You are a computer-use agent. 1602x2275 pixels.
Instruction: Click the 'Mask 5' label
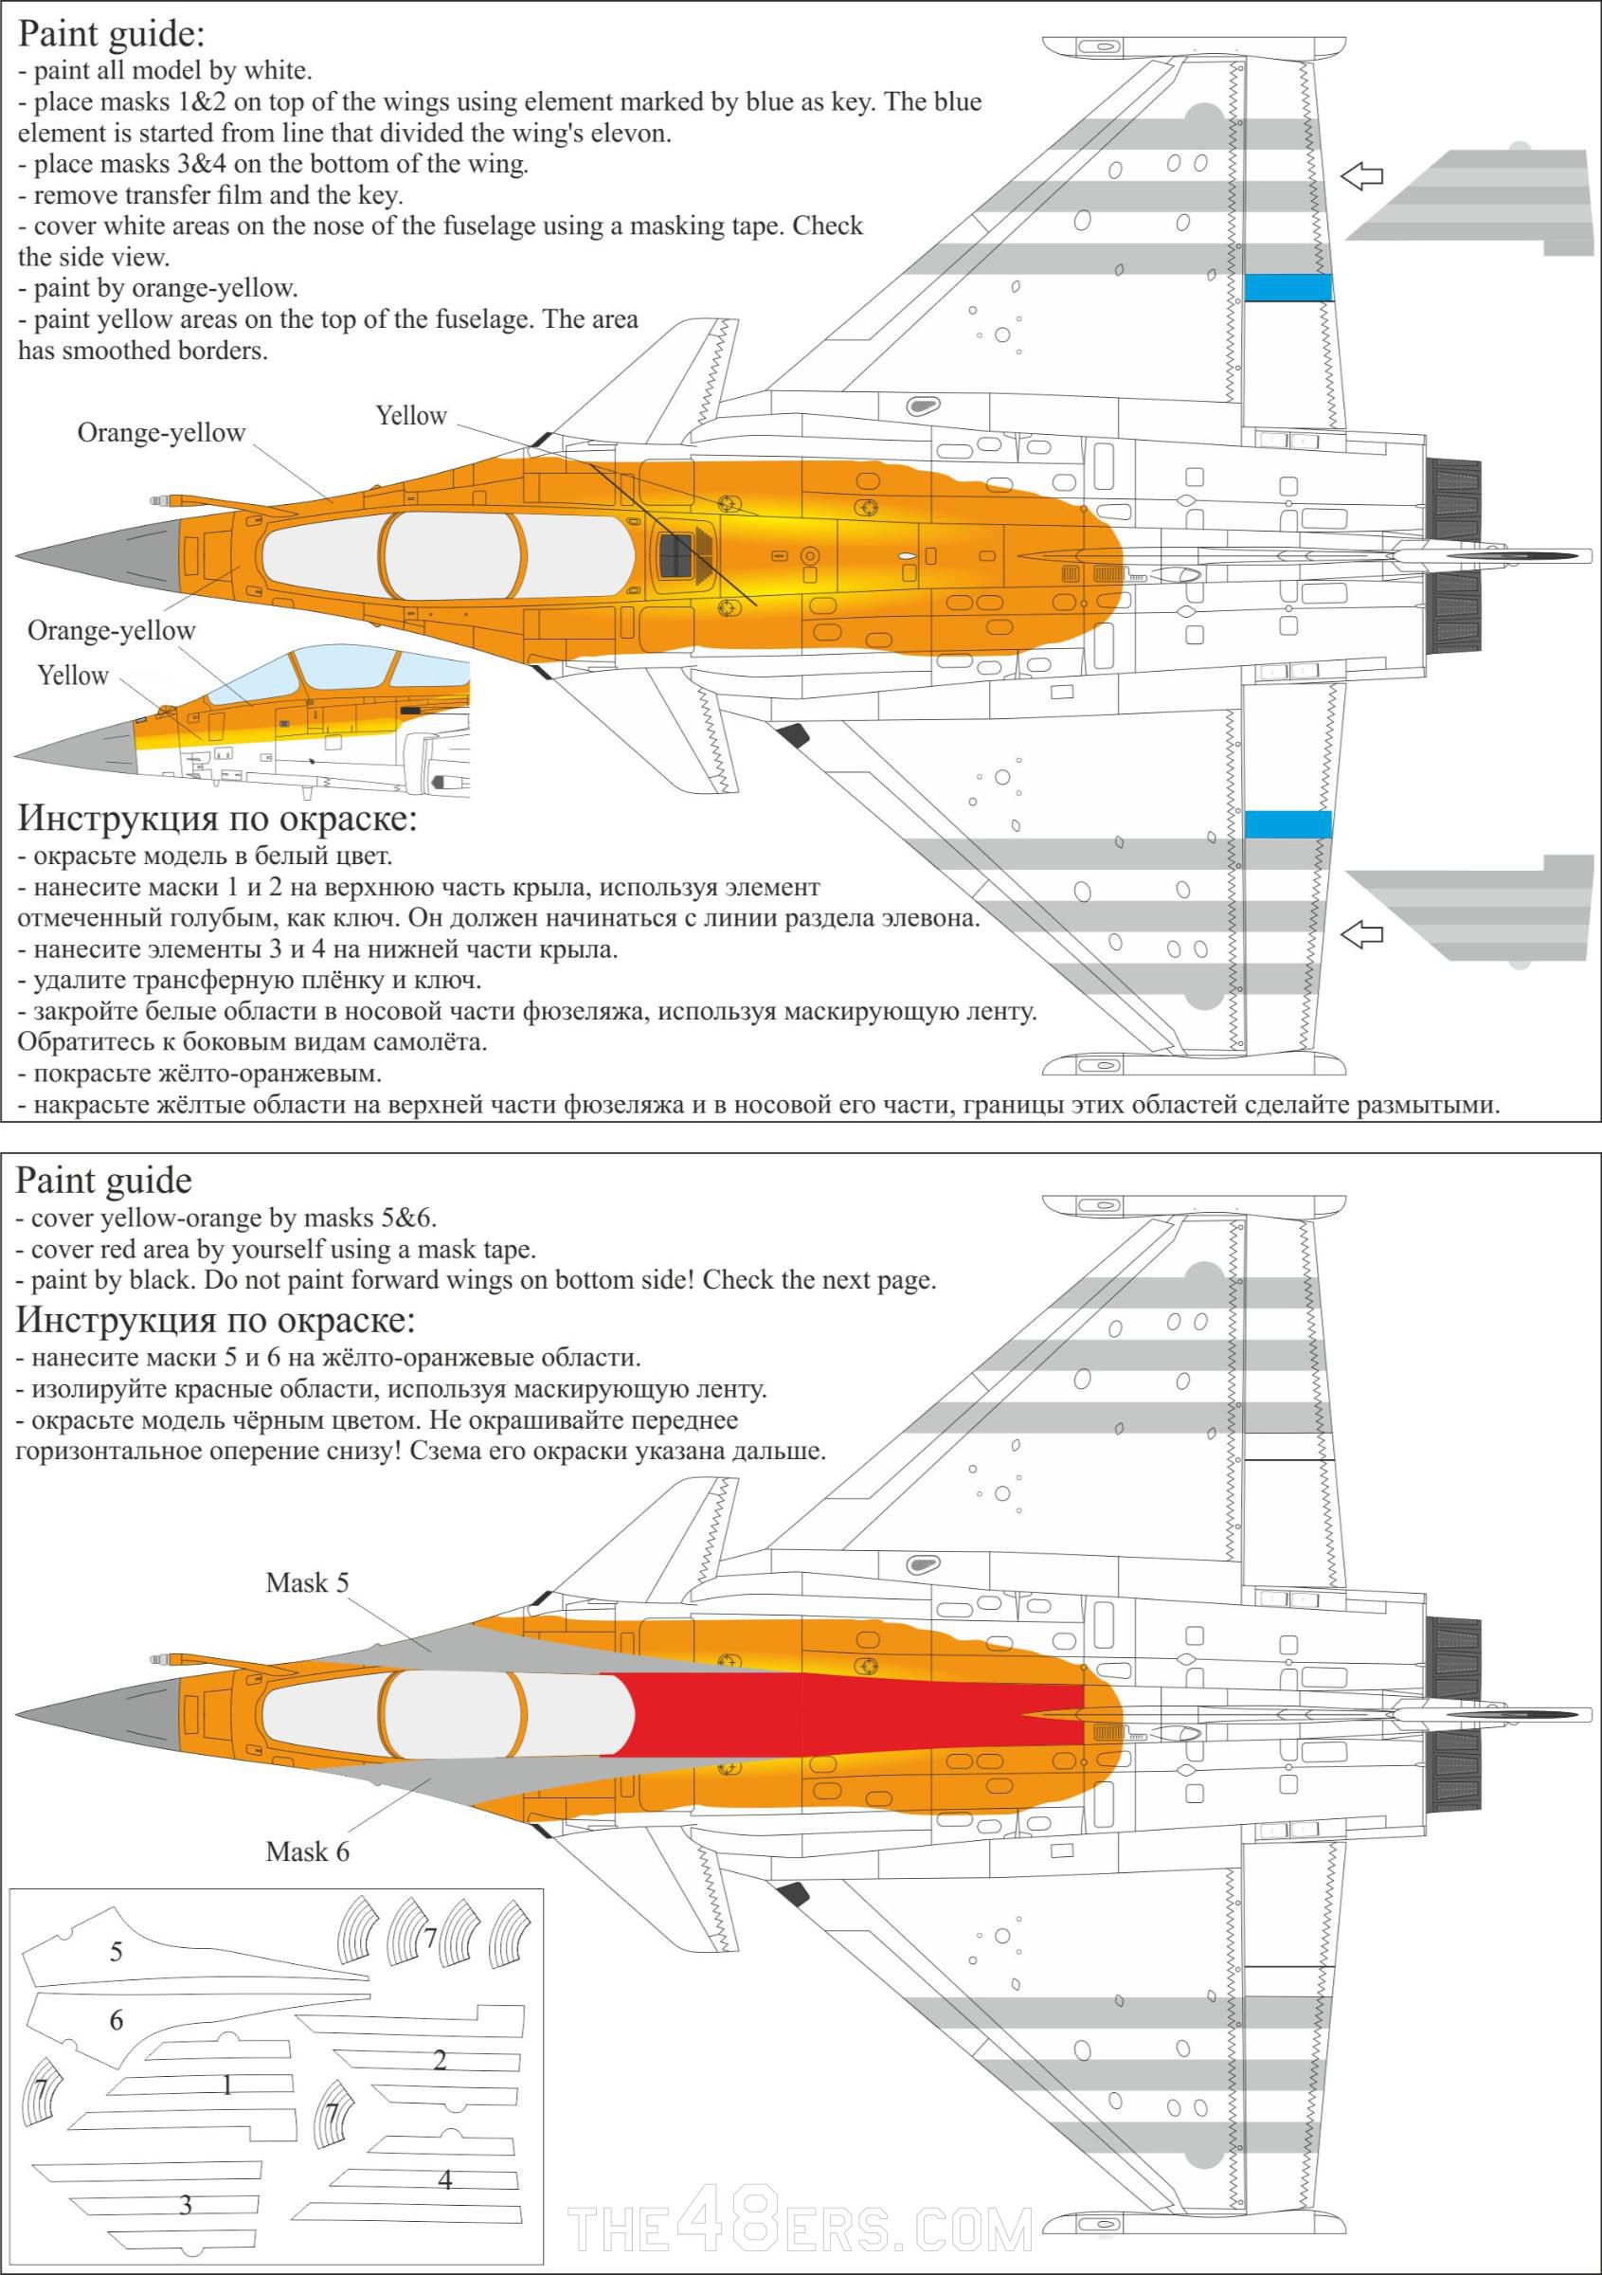tap(307, 1582)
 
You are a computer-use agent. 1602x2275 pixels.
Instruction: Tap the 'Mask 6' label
tap(307, 1851)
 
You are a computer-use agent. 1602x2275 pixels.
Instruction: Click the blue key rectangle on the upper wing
tap(1287, 287)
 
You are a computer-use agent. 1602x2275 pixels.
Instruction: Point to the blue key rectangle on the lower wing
tap(1287, 823)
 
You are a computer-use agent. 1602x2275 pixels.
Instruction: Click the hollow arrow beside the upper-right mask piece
tap(1361, 176)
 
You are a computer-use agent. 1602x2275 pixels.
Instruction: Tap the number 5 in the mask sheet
tap(116, 1952)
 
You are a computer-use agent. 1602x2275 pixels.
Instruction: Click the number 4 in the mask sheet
tap(445, 2180)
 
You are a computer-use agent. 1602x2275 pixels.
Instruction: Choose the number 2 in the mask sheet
tap(440, 2060)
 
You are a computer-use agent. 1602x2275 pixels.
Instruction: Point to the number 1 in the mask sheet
tap(226, 2085)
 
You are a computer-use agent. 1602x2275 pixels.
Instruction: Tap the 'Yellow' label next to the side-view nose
tap(72, 676)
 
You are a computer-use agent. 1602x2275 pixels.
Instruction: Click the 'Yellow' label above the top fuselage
tap(411, 416)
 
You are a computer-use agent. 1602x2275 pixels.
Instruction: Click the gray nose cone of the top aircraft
tap(99, 551)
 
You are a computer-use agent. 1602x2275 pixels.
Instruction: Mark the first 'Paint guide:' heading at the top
tap(111, 34)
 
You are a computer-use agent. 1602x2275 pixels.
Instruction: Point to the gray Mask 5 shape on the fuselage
tap(416, 1650)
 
